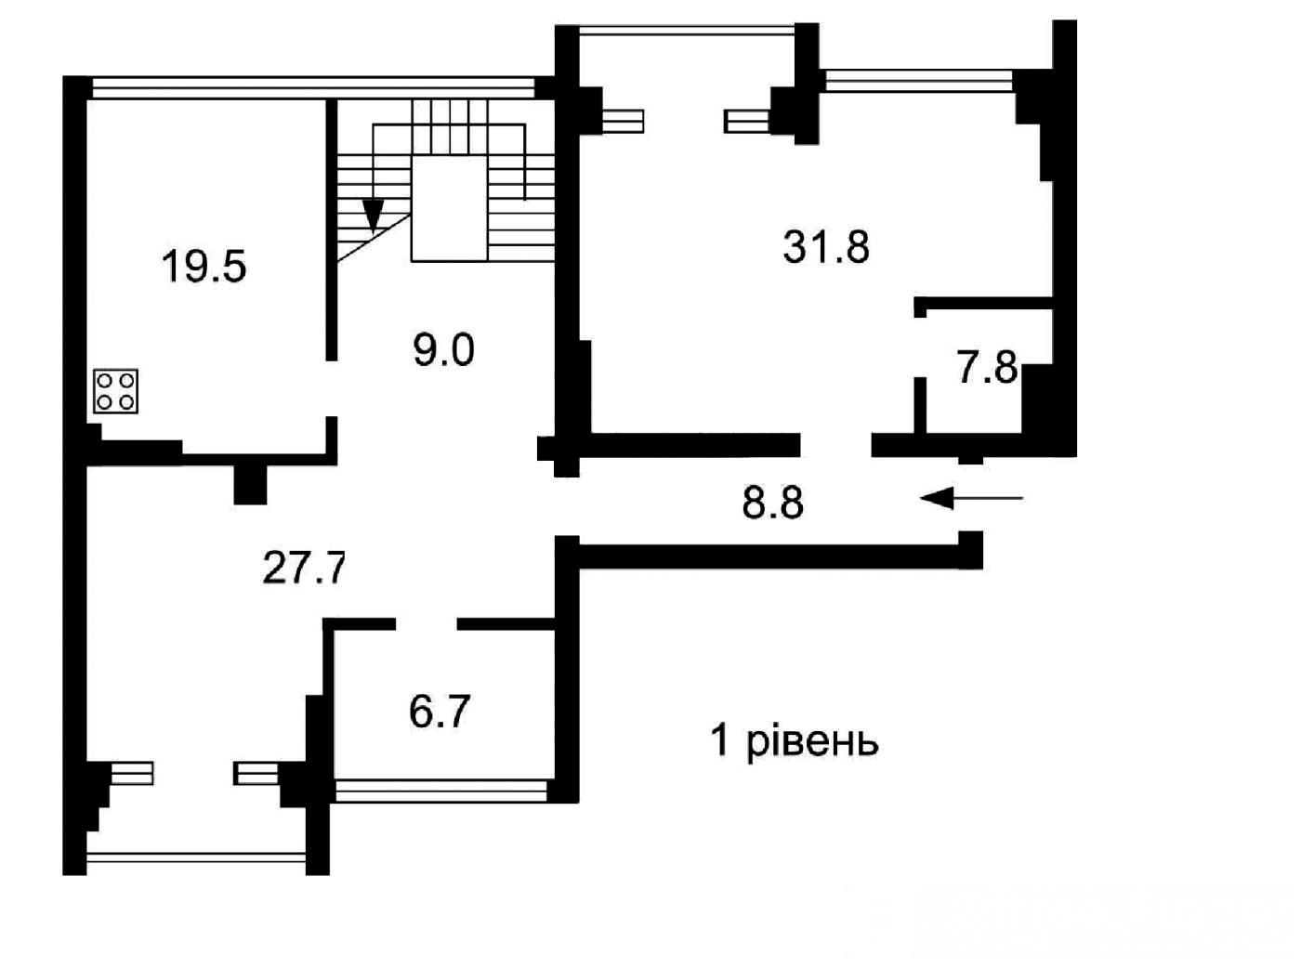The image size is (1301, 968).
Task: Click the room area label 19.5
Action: [204, 267]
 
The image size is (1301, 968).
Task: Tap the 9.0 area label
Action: [443, 350]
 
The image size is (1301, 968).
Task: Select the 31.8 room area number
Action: [826, 246]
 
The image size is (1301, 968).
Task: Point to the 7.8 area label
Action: [987, 367]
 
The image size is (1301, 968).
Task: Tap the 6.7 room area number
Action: [440, 712]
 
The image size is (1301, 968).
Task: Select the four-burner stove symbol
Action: [115, 391]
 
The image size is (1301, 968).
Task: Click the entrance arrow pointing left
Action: [971, 499]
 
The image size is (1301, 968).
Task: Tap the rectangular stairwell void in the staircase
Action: [449, 208]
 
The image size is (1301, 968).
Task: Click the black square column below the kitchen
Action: [251, 484]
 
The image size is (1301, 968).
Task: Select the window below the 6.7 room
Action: [440, 791]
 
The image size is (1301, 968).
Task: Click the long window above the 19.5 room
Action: [314, 88]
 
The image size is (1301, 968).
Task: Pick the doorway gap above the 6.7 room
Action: [427, 624]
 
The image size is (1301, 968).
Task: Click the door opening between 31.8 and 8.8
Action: [835, 445]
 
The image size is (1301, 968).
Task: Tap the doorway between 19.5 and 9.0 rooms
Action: [332, 388]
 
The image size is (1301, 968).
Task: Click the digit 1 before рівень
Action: [720, 739]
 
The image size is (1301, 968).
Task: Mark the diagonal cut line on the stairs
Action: [374, 238]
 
